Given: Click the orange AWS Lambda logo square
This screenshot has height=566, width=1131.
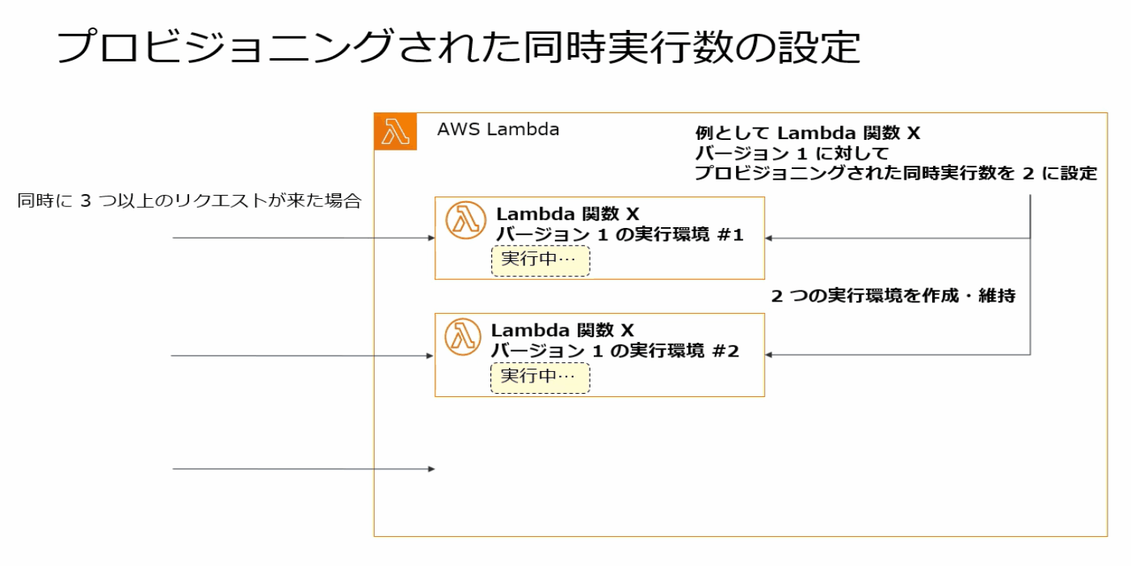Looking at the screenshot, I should [x=396, y=131].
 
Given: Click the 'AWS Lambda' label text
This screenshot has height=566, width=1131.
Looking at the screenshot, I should [x=498, y=129].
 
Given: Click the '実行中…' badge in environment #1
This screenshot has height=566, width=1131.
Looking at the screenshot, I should [x=540, y=261].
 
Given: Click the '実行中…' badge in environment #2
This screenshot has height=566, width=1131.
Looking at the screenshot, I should [x=540, y=377].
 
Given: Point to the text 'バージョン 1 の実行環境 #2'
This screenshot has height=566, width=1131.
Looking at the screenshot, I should [x=616, y=352].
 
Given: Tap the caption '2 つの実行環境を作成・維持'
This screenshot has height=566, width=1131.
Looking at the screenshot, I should [x=893, y=296].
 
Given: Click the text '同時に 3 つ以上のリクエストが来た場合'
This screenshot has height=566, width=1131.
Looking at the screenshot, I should [x=189, y=201].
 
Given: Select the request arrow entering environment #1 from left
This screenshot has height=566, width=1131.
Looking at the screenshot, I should [x=303, y=239].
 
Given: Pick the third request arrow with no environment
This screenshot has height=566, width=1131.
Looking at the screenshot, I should [x=303, y=469].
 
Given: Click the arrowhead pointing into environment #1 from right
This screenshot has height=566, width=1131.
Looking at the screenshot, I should [x=770, y=239].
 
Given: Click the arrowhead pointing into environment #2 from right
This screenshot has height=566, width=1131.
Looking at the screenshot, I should [x=770, y=355].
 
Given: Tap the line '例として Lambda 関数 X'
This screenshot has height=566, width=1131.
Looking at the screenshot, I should [x=807, y=133].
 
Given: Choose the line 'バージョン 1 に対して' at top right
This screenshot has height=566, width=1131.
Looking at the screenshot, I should [x=792, y=154].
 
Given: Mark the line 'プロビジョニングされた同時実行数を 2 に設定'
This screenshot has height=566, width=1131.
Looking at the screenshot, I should [x=896, y=174].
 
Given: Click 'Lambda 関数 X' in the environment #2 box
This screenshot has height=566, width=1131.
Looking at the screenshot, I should [x=562, y=331].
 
